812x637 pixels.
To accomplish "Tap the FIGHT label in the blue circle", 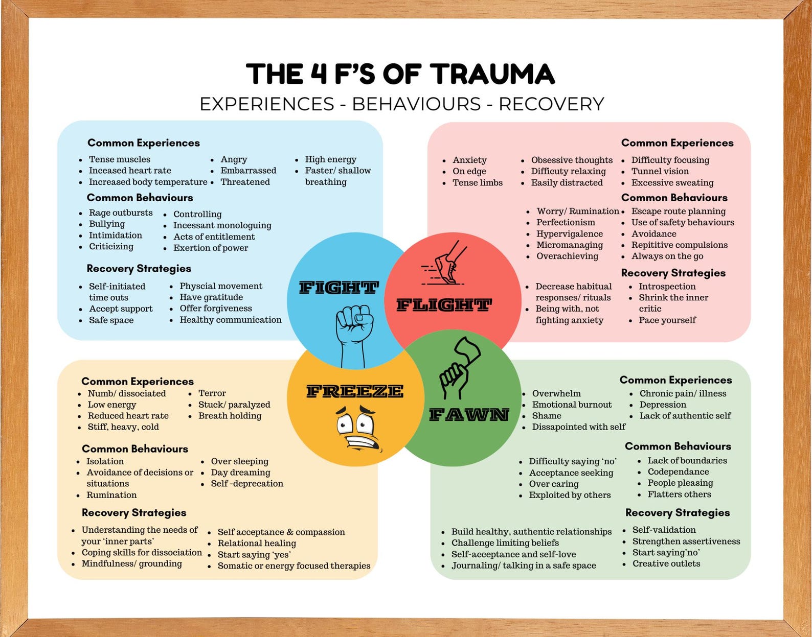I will click(x=339, y=288).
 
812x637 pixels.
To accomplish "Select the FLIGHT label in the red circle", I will click(x=444, y=305).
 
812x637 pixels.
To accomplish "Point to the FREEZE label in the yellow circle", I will click(x=354, y=392).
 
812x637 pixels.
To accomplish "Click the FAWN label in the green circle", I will click(x=468, y=414).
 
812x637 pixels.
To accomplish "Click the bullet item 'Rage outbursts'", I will click(x=121, y=213).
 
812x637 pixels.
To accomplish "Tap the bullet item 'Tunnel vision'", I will click(x=660, y=172).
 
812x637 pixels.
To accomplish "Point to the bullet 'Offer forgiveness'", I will click(x=215, y=309).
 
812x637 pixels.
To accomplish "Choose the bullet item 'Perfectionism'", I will click(x=566, y=223).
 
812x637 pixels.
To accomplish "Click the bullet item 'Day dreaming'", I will click(x=240, y=473).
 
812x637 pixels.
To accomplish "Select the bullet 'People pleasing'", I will click(x=680, y=483).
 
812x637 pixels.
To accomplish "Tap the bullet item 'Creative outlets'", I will click(x=666, y=564).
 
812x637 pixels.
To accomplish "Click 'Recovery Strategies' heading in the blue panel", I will click(x=139, y=269).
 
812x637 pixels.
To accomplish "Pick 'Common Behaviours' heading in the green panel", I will click(x=678, y=446).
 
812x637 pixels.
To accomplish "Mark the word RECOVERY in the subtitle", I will click(x=551, y=104).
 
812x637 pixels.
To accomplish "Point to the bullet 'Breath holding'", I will click(x=230, y=416).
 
